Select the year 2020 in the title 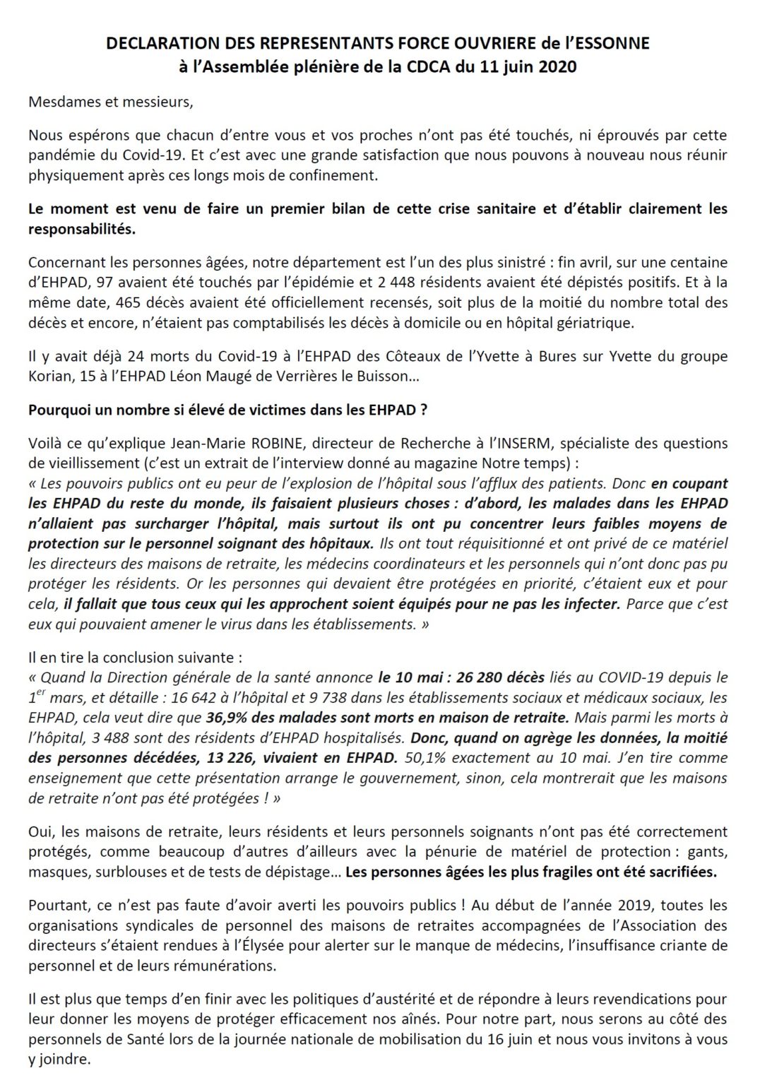(x=560, y=67)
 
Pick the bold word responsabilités (x=82, y=229)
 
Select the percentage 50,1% (x=425, y=758)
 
